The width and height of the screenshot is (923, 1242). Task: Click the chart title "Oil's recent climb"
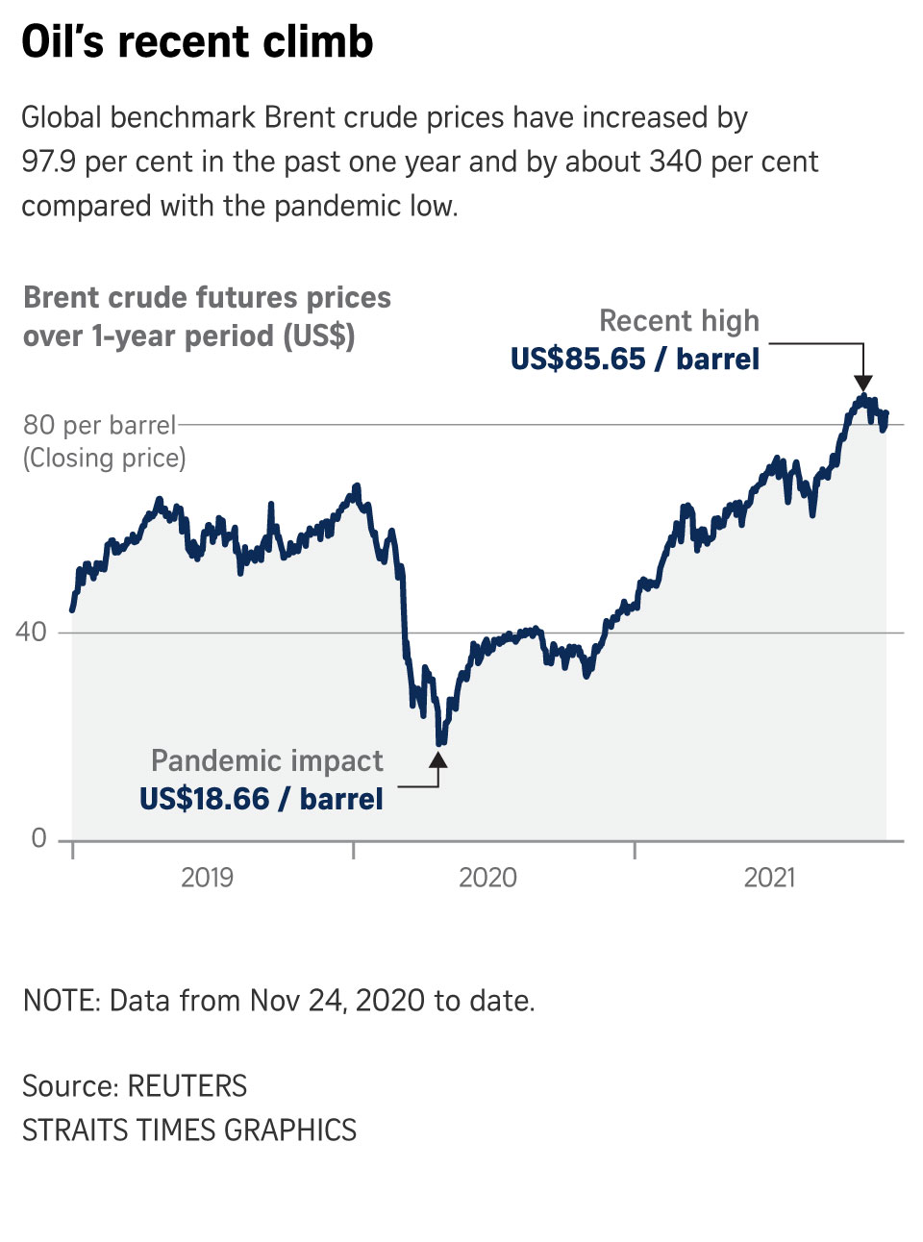click(x=197, y=42)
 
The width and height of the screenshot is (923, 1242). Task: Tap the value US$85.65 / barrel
click(x=635, y=360)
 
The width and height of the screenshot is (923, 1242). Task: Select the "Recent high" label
click(x=679, y=321)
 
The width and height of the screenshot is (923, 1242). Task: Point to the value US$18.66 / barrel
click(x=261, y=800)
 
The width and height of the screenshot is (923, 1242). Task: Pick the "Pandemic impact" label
click(x=266, y=761)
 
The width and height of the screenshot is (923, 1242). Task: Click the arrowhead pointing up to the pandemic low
click(x=438, y=760)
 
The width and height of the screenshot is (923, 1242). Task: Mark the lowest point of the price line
click(x=440, y=742)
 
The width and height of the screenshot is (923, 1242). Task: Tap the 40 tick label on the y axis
click(x=31, y=633)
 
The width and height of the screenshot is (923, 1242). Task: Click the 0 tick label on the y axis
click(x=38, y=838)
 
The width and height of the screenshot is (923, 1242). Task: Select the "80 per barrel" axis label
click(x=99, y=425)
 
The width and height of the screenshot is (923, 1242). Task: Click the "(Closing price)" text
click(x=104, y=458)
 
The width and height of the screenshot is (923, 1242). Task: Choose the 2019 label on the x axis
click(x=207, y=878)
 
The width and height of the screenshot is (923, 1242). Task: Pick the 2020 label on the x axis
click(x=487, y=878)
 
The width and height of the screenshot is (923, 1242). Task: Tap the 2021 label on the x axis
click(x=769, y=878)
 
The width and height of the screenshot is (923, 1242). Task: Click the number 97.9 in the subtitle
click(x=48, y=161)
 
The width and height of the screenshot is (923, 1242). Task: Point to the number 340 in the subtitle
click(x=675, y=161)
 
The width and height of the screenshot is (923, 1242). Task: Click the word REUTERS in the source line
click(x=187, y=1086)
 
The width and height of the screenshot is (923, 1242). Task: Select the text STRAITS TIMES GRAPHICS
click(x=189, y=1130)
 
